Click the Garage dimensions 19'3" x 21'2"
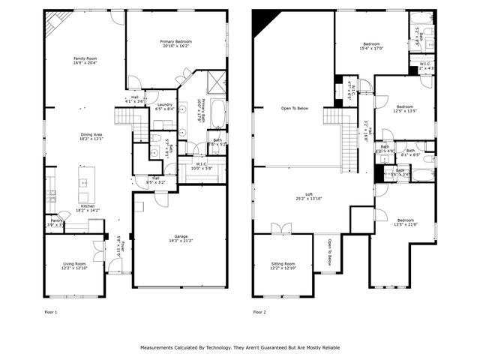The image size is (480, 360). pos(180,241)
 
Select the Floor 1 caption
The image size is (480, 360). pos(50,311)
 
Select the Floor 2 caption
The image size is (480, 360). pos(259,311)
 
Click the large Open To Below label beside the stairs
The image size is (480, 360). pos(294,108)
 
